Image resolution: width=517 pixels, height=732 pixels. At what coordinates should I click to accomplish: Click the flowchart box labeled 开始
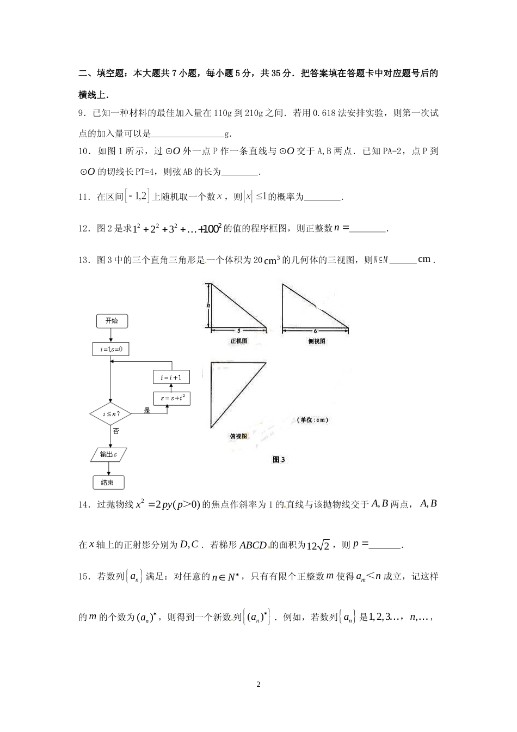[112, 321]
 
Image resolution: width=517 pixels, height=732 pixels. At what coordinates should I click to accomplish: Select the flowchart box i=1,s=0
[111, 350]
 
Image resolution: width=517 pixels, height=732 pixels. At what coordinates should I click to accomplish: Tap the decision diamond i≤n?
[110, 414]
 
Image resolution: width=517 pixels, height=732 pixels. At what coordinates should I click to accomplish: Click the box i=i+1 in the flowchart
[171, 377]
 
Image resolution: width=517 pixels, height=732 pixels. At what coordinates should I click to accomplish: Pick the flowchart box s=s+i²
[172, 399]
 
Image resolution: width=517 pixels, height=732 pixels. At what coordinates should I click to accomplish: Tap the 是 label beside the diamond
[147, 410]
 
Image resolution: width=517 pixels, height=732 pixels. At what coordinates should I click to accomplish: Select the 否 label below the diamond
[116, 431]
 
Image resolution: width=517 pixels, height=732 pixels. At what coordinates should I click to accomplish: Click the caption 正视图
[239, 341]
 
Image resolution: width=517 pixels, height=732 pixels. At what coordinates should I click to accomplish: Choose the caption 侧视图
[317, 341]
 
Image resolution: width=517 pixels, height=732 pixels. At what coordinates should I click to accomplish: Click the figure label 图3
[279, 460]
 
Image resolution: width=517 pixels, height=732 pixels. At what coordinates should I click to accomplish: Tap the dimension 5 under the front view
[238, 331]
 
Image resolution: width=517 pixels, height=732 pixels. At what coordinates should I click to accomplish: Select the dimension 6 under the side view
[315, 331]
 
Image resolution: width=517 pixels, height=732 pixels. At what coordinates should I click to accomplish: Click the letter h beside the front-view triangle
[207, 306]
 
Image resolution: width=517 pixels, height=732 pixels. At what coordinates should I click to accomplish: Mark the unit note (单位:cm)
[313, 420]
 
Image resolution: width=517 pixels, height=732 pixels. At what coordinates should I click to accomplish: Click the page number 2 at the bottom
[258, 684]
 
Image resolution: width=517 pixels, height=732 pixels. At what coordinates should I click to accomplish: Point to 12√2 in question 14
[318, 545]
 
